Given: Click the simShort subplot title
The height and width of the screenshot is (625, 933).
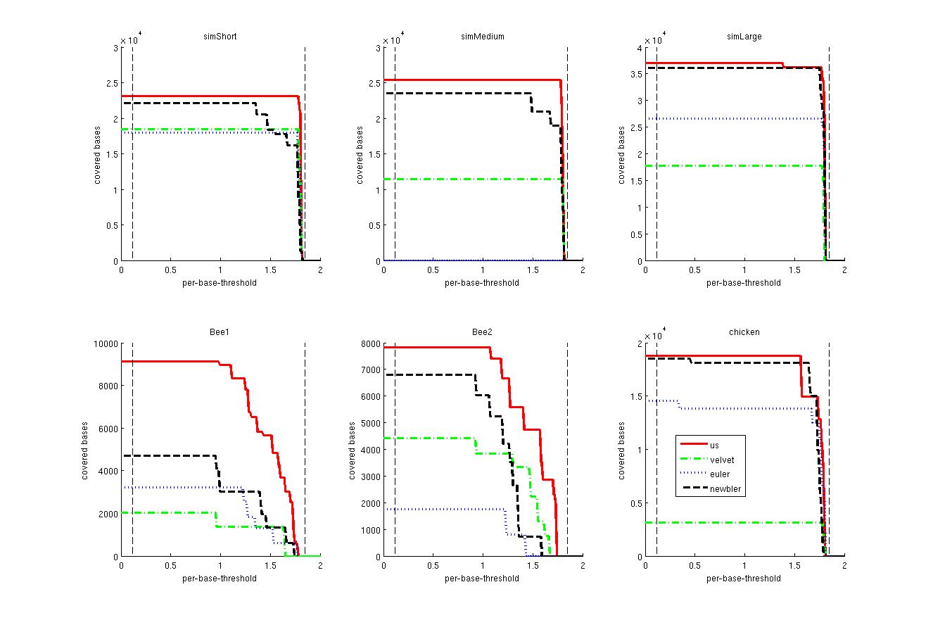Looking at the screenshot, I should [x=220, y=37].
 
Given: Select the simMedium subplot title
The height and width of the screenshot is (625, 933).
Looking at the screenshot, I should [x=483, y=37].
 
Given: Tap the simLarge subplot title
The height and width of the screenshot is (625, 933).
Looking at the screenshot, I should [x=744, y=37].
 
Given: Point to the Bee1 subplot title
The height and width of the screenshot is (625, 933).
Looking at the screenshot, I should [x=220, y=332].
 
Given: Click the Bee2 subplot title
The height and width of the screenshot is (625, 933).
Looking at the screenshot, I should [x=483, y=332].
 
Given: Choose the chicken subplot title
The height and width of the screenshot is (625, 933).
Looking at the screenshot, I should [x=744, y=332].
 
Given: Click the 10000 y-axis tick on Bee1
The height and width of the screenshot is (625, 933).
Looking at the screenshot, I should [x=106, y=343].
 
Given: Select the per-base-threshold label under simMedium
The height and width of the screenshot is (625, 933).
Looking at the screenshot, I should [x=482, y=283].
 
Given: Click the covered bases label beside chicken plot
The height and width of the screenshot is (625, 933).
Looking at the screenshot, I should [x=622, y=450].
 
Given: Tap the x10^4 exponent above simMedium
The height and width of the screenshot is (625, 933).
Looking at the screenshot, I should [x=393, y=40].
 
